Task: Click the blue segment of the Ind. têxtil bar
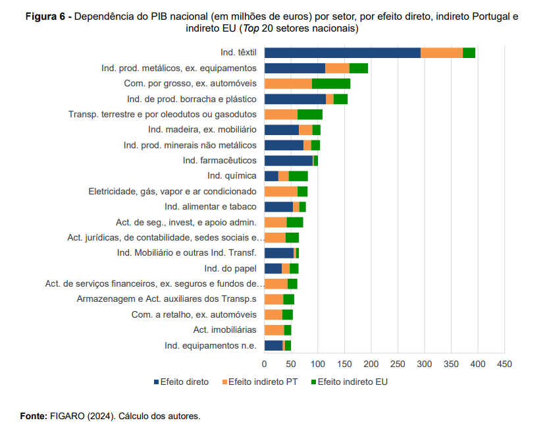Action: click(x=342, y=53)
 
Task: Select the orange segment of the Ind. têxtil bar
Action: click(x=442, y=53)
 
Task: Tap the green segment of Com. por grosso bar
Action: click(x=331, y=84)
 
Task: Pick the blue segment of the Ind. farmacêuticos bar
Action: click(x=288, y=160)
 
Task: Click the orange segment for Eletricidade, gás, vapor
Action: click(x=281, y=191)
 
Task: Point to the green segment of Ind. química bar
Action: click(x=298, y=176)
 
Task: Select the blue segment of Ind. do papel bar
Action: click(x=273, y=268)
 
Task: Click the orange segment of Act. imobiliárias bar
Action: click(x=274, y=330)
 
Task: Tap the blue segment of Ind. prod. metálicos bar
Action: click(x=294, y=68)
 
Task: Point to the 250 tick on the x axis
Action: click(x=398, y=363)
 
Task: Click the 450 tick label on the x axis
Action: click(x=504, y=363)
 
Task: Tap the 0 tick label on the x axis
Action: click(x=265, y=363)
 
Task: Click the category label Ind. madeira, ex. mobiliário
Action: click(x=202, y=130)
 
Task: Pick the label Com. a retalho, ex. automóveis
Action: click(x=194, y=314)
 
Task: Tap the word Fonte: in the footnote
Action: click(x=33, y=416)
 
